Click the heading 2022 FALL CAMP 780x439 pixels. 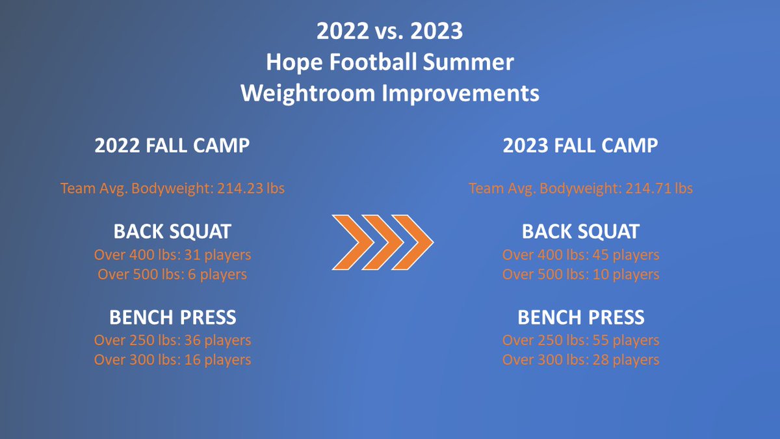[172, 145]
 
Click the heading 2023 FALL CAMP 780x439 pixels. [580, 145]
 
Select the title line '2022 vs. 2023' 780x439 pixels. [389, 31]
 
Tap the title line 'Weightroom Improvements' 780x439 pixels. [389, 93]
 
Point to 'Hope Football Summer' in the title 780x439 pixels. [389, 62]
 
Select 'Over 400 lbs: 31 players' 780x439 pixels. [172, 255]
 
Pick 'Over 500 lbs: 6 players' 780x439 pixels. [172, 274]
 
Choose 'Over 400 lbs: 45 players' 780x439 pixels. [580, 255]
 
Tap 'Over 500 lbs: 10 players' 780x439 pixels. [580, 274]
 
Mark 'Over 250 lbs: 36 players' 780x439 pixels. [172, 340]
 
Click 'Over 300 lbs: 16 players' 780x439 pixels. [172, 360]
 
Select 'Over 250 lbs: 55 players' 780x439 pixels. [580, 340]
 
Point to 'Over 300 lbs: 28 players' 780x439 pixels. [580, 360]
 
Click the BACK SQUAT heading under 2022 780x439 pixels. [172, 232]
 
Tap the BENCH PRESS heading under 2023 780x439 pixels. [580, 317]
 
